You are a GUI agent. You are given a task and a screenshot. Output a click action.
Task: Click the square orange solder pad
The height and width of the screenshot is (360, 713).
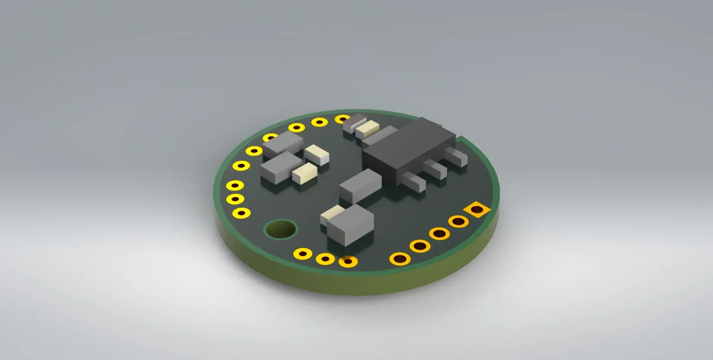[x=477, y=210]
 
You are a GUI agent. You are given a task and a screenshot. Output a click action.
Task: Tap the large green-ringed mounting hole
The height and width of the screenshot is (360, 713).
[x=281, y=229]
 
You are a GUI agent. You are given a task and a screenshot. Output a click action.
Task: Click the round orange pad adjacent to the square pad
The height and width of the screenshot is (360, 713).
[x=458, y=222]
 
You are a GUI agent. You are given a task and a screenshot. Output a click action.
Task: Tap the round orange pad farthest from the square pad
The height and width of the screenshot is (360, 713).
[x=400, y=259]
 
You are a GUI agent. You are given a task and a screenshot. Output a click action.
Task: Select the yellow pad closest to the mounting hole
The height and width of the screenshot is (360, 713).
[x=241, y=213]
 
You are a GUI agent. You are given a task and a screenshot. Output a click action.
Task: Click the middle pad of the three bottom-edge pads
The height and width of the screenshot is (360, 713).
[x=325, y=259]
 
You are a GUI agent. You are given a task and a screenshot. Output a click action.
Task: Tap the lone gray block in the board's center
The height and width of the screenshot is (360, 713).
[x=360, y=186]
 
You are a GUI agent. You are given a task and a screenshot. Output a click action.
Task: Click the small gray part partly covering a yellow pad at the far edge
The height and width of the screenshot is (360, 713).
[x=354, y=122]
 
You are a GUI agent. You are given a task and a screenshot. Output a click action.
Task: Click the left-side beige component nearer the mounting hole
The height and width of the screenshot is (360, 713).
[x=305, y=173]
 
